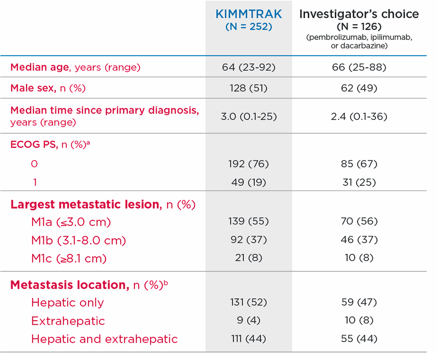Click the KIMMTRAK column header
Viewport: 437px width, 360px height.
pos(249,14)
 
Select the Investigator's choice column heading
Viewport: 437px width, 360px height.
pos(359,14)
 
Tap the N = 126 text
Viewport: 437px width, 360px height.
pos(359,27)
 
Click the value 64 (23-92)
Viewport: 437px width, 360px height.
pos(249,67)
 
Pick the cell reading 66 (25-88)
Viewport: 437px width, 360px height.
pos(359,67)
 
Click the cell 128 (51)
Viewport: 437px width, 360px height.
pos(249,88)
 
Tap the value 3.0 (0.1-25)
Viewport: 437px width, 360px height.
pos(249,117)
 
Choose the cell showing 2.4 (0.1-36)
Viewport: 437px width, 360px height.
pos(359,117)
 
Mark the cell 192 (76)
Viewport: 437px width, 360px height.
pos(249,164)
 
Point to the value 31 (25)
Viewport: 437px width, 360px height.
pos(359,182)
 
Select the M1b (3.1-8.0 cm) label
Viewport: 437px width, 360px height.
pos(79,240)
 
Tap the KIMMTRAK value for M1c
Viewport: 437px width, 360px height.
pos(249,258)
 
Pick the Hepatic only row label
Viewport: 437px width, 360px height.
pos(67,302)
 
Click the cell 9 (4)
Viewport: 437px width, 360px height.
pos(249,321)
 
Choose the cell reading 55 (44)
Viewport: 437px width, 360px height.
pos(359,339)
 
